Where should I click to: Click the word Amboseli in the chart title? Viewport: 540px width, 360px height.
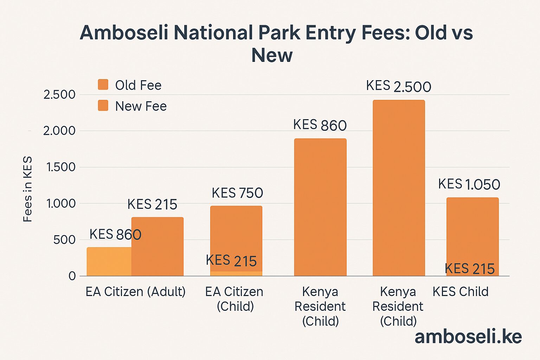124,33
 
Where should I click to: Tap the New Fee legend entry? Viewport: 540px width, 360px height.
132,106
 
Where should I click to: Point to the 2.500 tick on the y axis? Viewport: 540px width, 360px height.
59,95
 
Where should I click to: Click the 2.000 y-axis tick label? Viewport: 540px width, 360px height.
59,131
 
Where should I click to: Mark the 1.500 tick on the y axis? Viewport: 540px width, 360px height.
61,167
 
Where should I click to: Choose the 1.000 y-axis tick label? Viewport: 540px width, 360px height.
61,204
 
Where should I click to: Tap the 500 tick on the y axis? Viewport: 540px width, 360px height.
64,240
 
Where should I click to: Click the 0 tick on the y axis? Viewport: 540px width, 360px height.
72,276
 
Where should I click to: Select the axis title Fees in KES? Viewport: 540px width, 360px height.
27,189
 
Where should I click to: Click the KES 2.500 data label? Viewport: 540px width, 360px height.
398,86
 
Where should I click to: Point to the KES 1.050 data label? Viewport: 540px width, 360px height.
469,184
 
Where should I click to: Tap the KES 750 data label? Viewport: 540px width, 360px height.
237,193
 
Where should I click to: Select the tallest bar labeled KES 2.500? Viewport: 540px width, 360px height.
399,188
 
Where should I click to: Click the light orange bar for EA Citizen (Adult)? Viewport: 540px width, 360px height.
109,262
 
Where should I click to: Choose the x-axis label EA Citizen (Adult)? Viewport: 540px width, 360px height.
135,292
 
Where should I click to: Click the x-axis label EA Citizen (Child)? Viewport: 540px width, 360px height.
234,299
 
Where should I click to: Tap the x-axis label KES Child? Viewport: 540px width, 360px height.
460,292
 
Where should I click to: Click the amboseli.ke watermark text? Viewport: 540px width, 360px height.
468,336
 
